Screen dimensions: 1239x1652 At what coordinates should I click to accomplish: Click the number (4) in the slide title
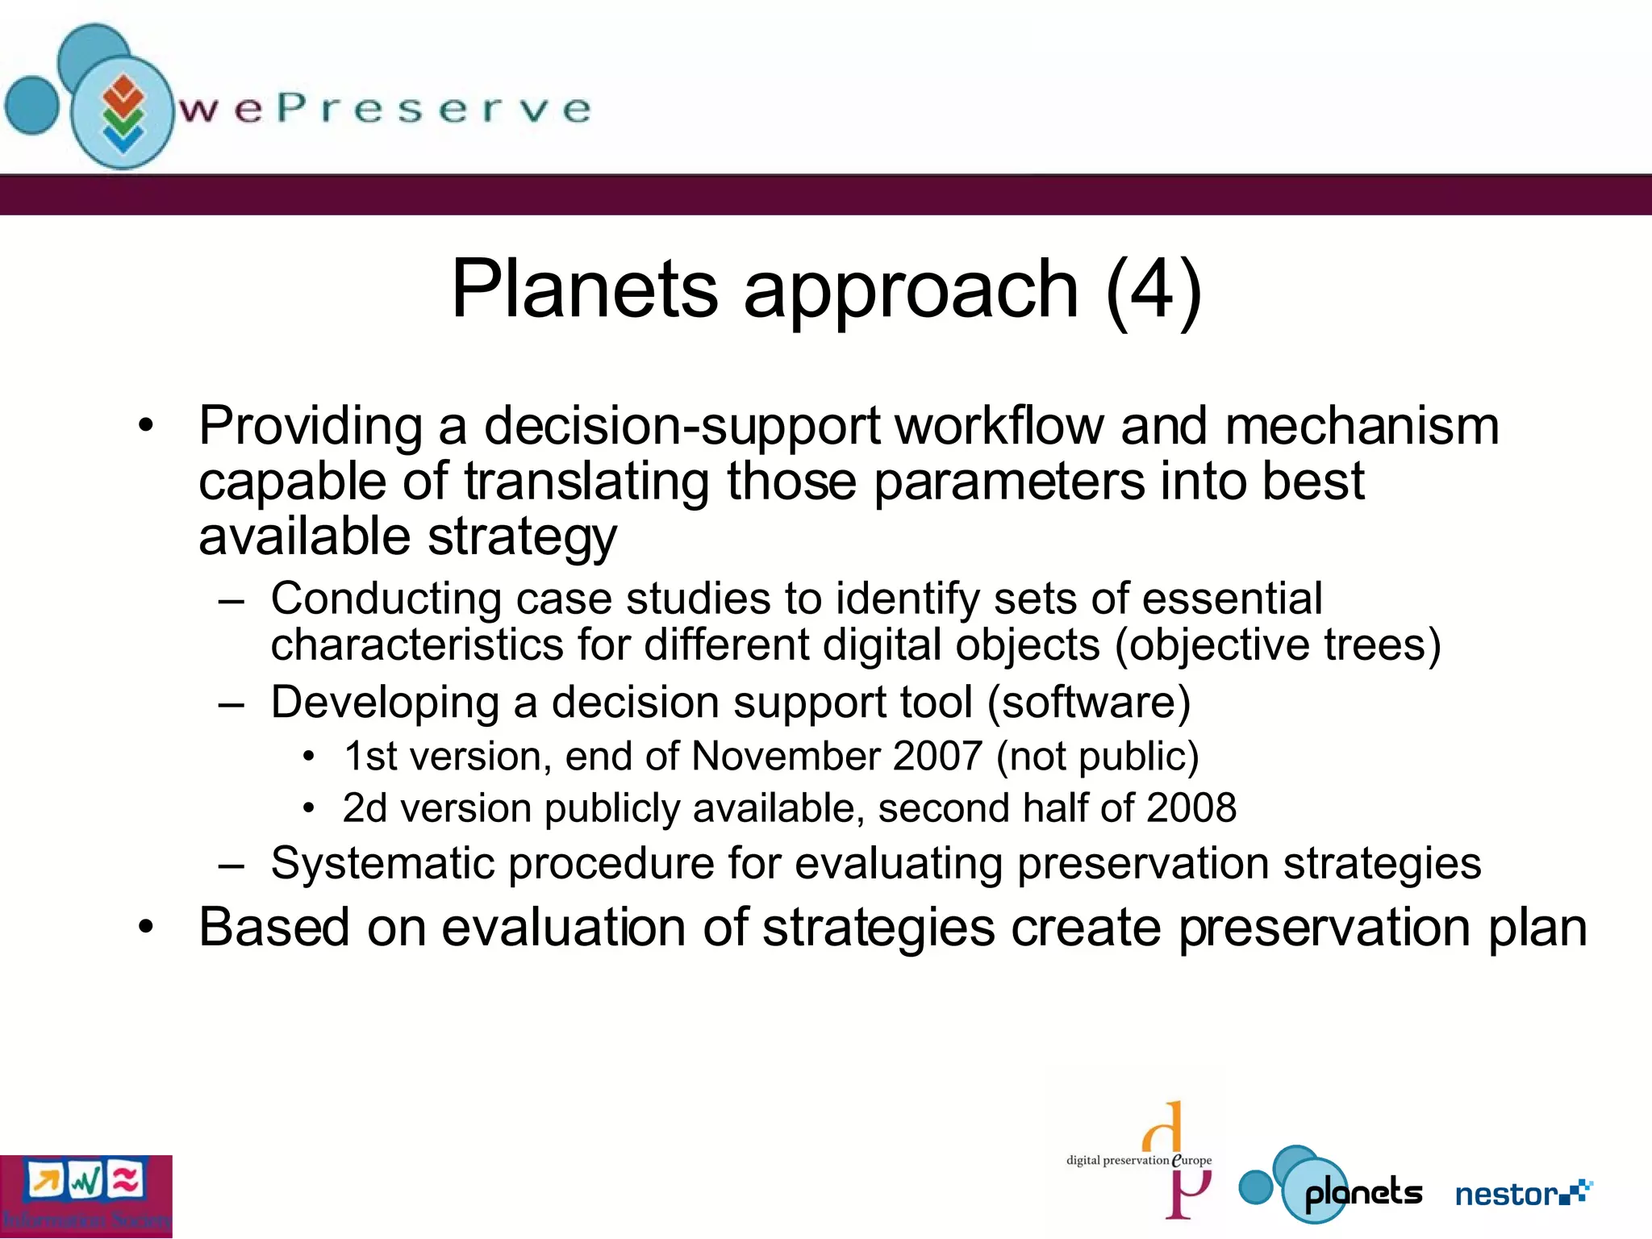[1154, 289]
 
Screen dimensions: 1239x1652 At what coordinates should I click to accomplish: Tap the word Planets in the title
[584, 289]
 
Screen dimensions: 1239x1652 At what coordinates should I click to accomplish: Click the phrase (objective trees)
[1278, 645]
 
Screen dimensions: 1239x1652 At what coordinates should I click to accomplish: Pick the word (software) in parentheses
[1089, 702]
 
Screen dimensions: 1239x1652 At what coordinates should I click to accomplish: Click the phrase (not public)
[1097, 757]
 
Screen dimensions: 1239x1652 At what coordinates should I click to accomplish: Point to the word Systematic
[382, 863]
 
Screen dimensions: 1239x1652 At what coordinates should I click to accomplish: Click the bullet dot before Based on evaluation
[145, 928]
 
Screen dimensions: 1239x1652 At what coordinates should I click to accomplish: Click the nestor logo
[1523, 1193]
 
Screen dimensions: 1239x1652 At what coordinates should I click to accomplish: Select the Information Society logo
[86, 1196]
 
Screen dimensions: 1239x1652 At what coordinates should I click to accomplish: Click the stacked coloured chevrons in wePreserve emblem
[123, 113]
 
